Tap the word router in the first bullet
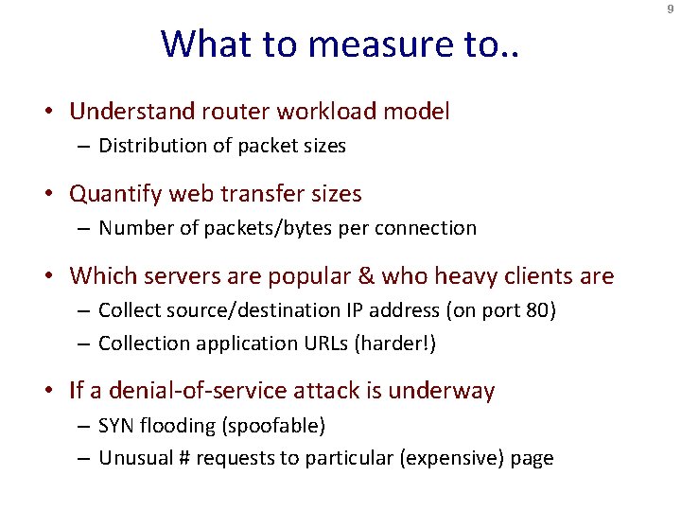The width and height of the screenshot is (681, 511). tap(237, 112)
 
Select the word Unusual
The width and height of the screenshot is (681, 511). tap(133, 459)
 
